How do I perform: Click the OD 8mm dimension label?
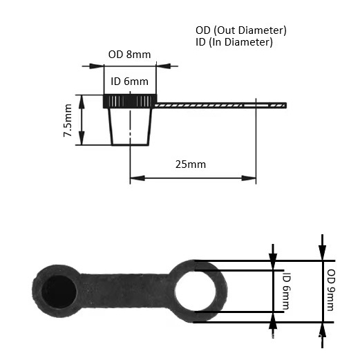pyautogui.click(x=129, y=55)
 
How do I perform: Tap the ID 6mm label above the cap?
pyautogui.click(x=129, y=82)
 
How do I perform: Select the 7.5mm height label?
pyautogui.click(x=68, y=120)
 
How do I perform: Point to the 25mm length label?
pyautogui.click(x=191, y=164)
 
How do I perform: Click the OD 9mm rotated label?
pyautogui.click(x=331, y=290)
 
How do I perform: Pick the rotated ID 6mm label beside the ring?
pyautogui.click(x=287, y=291)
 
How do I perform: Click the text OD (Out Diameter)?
pyautogui.click(x=241, y=30)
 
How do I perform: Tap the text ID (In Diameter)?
pyautogui.click(x=234, y=42)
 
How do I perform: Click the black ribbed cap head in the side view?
pyautogui.click(x=130, y=101)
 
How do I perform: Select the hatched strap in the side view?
pyautogui.click(x=220, y=106)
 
